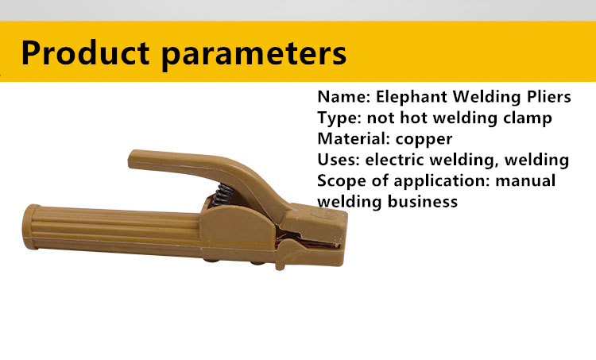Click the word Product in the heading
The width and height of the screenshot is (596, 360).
[x=85, y=52]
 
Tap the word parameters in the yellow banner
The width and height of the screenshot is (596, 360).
[x=254, y=56]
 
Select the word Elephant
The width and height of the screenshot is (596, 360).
[x=412, y=98]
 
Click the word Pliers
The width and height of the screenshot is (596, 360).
[x=549, y=96]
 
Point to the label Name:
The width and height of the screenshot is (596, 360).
[x=344, y=97]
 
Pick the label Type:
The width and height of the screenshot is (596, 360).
[x=340, y=118]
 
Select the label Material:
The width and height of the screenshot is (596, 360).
[x=354, y=138]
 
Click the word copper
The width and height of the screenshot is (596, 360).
[x=424, y=140]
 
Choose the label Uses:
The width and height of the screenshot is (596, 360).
[x=339, y=159]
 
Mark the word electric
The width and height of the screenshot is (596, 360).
[x=394, y=159]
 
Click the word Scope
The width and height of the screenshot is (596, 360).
[x=342, y=181]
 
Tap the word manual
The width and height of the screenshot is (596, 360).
[x=525, y=180]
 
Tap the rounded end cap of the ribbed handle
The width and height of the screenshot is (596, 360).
[x=30, y=227]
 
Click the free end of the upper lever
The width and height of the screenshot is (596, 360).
[x=132, y=159]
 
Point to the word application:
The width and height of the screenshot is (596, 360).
[x=442, y=181]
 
